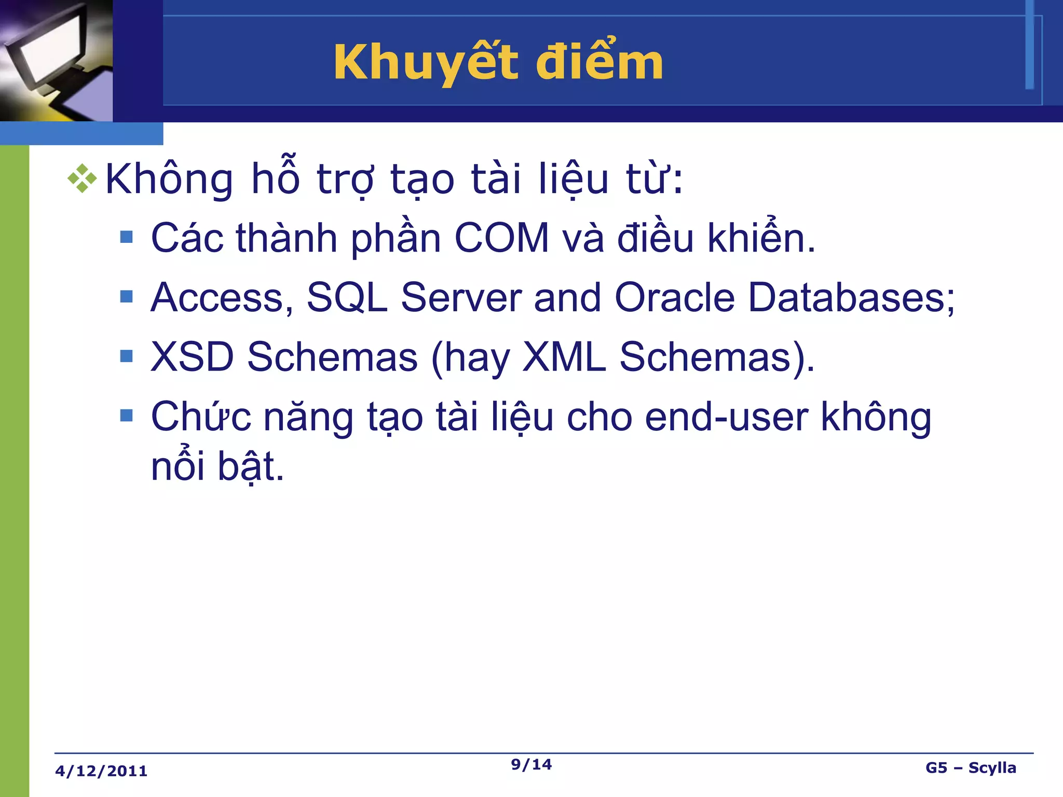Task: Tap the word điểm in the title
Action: point(599,63)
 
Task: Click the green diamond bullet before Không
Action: point(82,178)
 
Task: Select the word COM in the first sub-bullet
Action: point(501,238)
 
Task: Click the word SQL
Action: point(347,298)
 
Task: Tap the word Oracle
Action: point(675,298)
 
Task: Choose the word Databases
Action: point(851,298)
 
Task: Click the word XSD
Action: point(192,357)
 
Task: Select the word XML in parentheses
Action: point(564,357)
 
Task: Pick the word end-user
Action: point(726,417)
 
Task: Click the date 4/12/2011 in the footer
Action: point(101,771)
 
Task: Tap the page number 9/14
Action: point(531,764)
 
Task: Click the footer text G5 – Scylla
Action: point(970,767)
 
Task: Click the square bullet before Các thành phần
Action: point(126,237)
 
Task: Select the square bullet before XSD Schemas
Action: point(126,356)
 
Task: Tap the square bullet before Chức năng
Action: point(126,415)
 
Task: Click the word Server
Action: point(461,298)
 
